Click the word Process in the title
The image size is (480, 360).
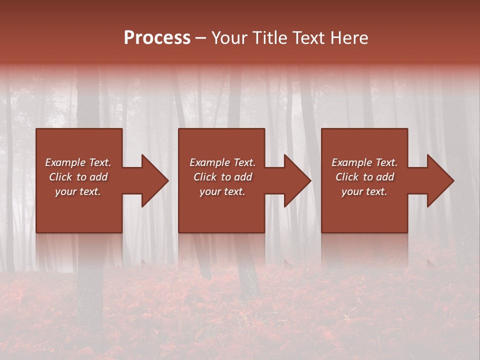click(157, 38)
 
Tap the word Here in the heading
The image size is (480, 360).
click(349, 38)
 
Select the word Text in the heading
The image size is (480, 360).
click(309, 38)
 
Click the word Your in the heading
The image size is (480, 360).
click(231, 38)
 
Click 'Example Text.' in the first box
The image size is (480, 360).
click(78, 162)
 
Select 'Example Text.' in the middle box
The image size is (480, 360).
click(222, 162)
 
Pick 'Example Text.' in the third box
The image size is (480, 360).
click(364, 162)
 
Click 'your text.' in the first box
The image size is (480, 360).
click(78, 191)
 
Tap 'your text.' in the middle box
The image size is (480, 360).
click(222, 191)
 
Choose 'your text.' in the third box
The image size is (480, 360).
click(364, 191)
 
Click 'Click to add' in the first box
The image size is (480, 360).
click(78, 177)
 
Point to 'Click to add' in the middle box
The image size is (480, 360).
click(222, 177)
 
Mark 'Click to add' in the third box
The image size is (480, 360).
click(364, 177)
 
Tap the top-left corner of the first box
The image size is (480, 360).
click(37, 129)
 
